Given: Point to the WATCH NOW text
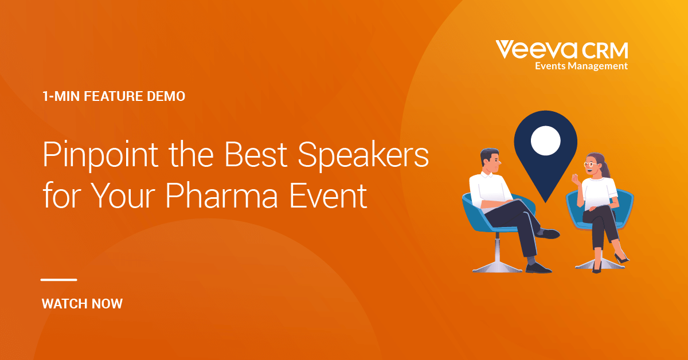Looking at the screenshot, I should (x=82, y=304).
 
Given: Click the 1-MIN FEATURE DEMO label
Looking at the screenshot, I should (x=114, y=96).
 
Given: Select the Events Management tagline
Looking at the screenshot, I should (x=581, y=66).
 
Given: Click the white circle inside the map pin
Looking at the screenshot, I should (x=545, y=140).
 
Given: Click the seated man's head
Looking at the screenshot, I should (x=490, y=161).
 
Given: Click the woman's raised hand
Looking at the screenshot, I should (x=575, y=178).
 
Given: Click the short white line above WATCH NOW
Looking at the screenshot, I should (x=58, y=280).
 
